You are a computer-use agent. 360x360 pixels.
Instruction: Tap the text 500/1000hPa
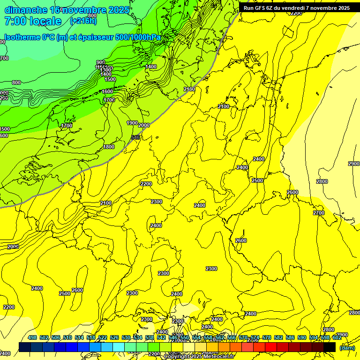[x=142, y=37]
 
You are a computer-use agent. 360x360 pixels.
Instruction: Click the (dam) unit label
[x=347, y=347]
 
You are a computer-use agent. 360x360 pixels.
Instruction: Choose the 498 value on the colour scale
[x=32, y=337]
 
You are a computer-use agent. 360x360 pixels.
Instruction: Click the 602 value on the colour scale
[x=337, y=337]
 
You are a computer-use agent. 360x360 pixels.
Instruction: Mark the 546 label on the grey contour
[x=136, y=137]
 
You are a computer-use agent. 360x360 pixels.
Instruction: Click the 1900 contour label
[x=132, y=123]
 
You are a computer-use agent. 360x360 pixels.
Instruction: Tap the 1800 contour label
[x=109, y=147]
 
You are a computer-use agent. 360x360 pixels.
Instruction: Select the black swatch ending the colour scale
[x=330, y=347]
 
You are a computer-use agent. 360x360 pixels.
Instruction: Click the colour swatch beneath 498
[x=25, y=347]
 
